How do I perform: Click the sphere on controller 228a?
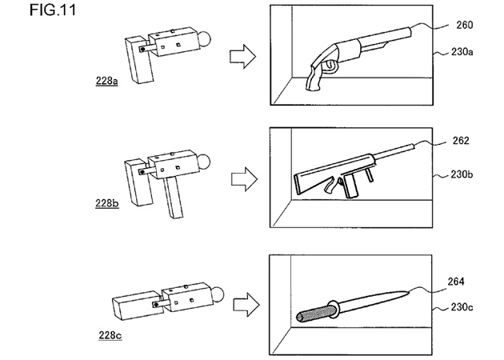tap(206, 38)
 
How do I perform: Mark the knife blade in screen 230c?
tap(376, 299)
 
